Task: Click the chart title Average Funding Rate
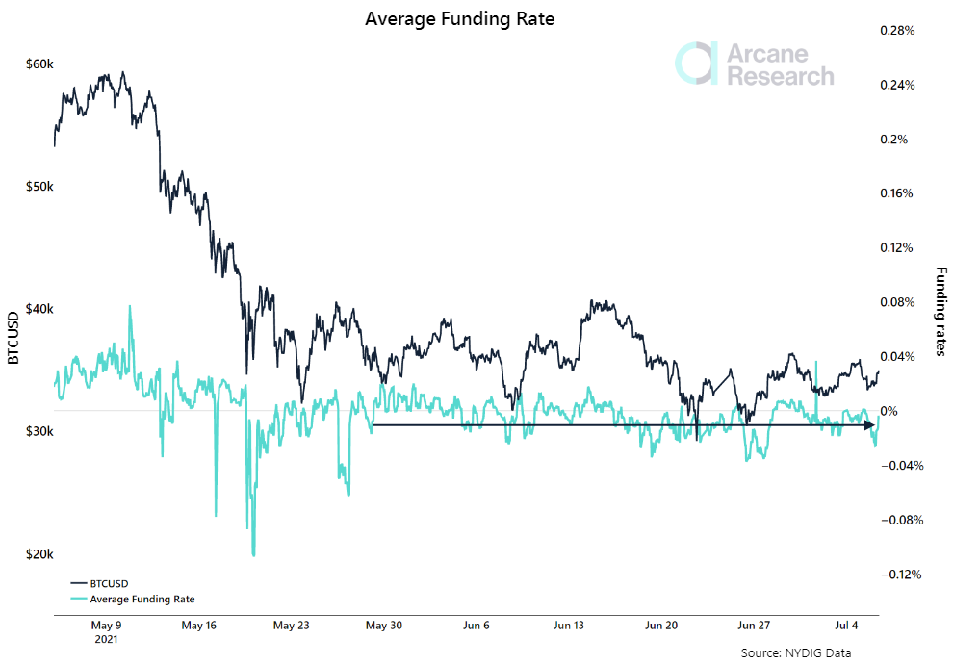point(460,18)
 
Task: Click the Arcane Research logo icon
point(696,63)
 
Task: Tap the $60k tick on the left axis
point(40,64)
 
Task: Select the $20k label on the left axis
point(40,554)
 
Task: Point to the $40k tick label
point(40,309)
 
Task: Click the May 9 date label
point(105,625)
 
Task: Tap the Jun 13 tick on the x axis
point(569,625)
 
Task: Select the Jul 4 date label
point(847,625)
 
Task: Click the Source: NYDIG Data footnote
point(796,652)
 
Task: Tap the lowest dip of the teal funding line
point(253,554)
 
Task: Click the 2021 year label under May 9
point(105,639)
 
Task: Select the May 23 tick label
point(291,625)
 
